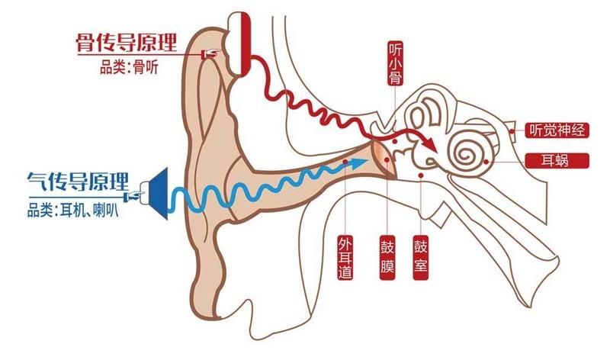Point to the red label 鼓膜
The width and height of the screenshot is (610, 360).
tap(387, 259)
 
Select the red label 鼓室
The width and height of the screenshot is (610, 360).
tap(419, 259)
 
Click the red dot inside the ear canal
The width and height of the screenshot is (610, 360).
tap(346, 162)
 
